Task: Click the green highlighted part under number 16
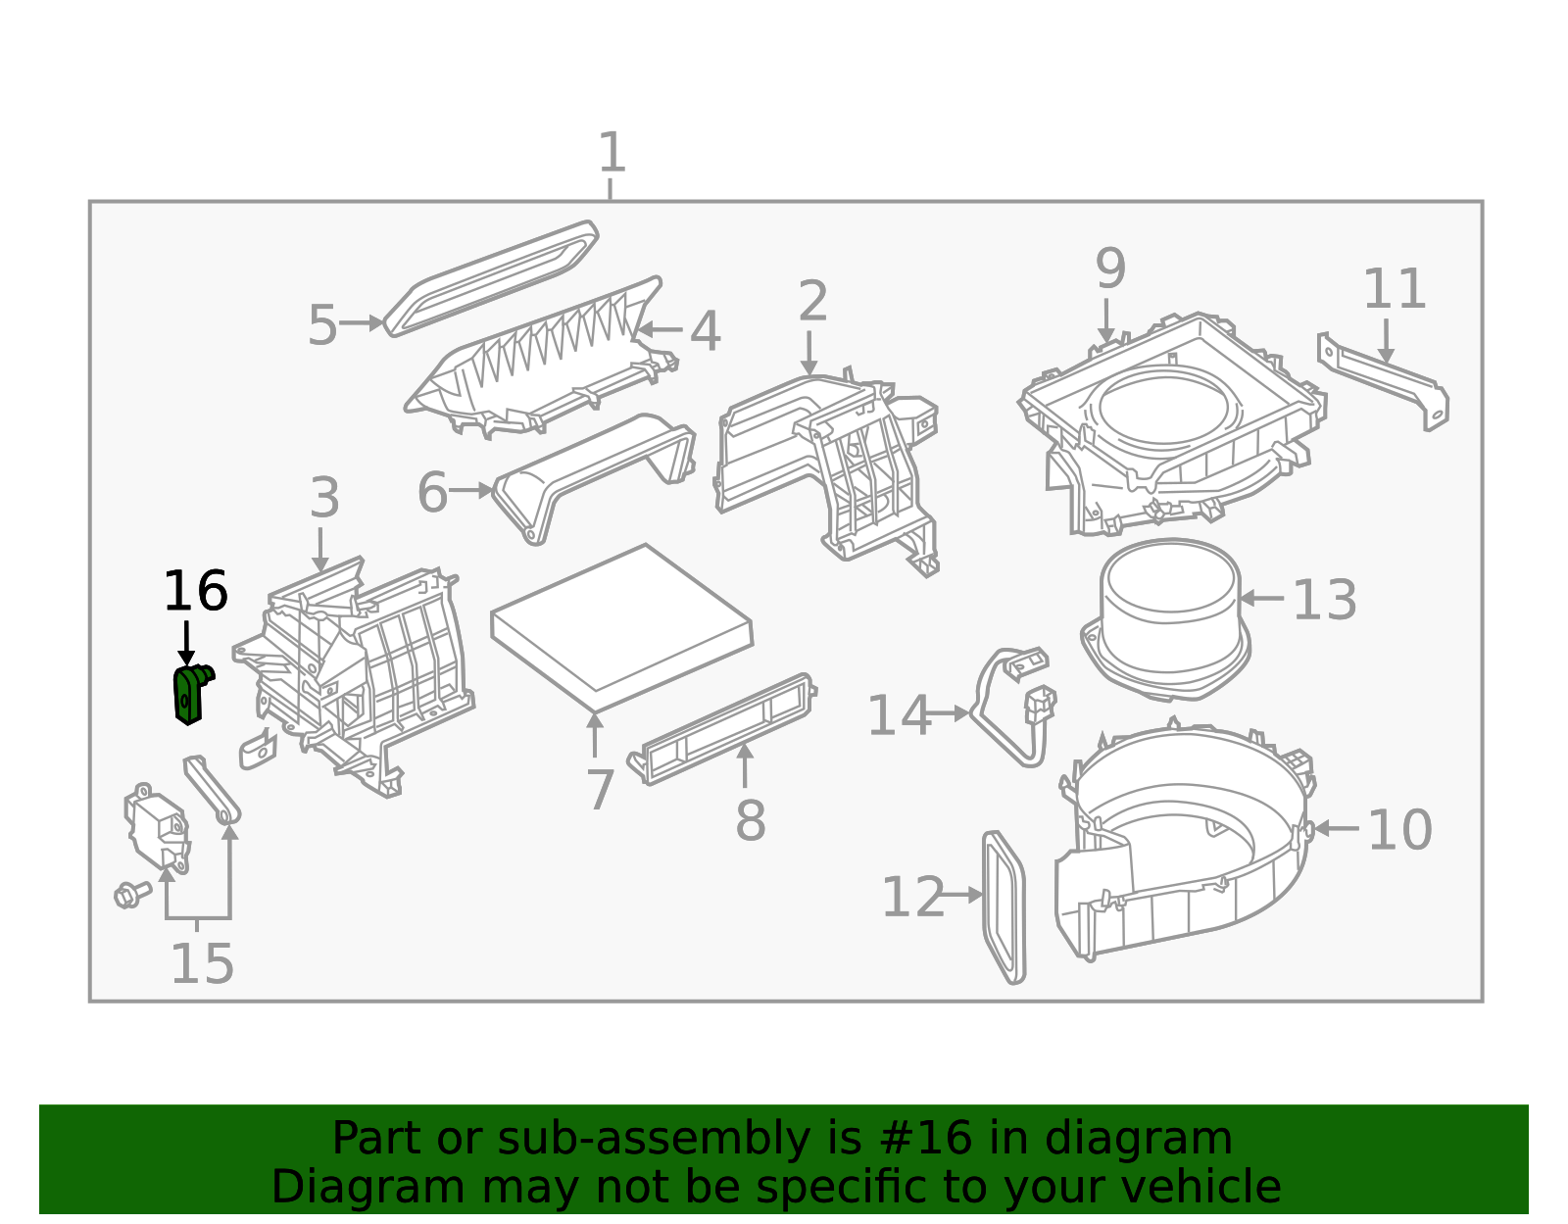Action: click(190, 695)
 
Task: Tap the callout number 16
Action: click(196, 592)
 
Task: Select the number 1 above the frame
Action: click(612, 152)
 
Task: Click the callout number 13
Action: click(1324, 600)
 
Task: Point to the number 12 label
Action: click(912, 898)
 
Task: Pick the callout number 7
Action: click(601, 790)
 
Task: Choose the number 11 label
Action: click(1395, 289)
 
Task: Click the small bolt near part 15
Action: click(132, 895)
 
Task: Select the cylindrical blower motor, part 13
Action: click(1165, 619)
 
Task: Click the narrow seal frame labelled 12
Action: click(1004, 906)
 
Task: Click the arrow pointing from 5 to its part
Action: click(361, 323)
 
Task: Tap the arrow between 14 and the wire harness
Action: click(946, 714)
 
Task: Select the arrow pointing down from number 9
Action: click(1106, 321)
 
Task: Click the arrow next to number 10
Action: click(1336, 829)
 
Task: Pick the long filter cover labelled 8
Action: click(721, 729)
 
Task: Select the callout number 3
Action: click(324, 498)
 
